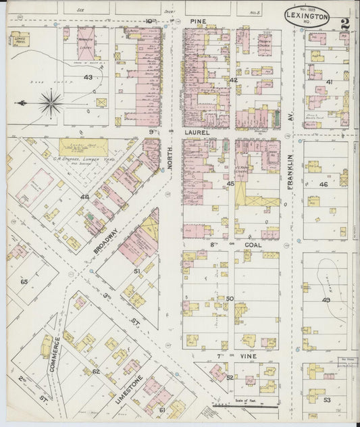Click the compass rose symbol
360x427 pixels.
[49, 103]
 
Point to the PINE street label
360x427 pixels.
[197, 22]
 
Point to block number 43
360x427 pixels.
[88, 78]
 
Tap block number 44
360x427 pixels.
[84, 197]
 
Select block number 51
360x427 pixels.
[136, 271]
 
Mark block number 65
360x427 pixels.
[25, 281]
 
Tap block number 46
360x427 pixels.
[324, 184]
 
